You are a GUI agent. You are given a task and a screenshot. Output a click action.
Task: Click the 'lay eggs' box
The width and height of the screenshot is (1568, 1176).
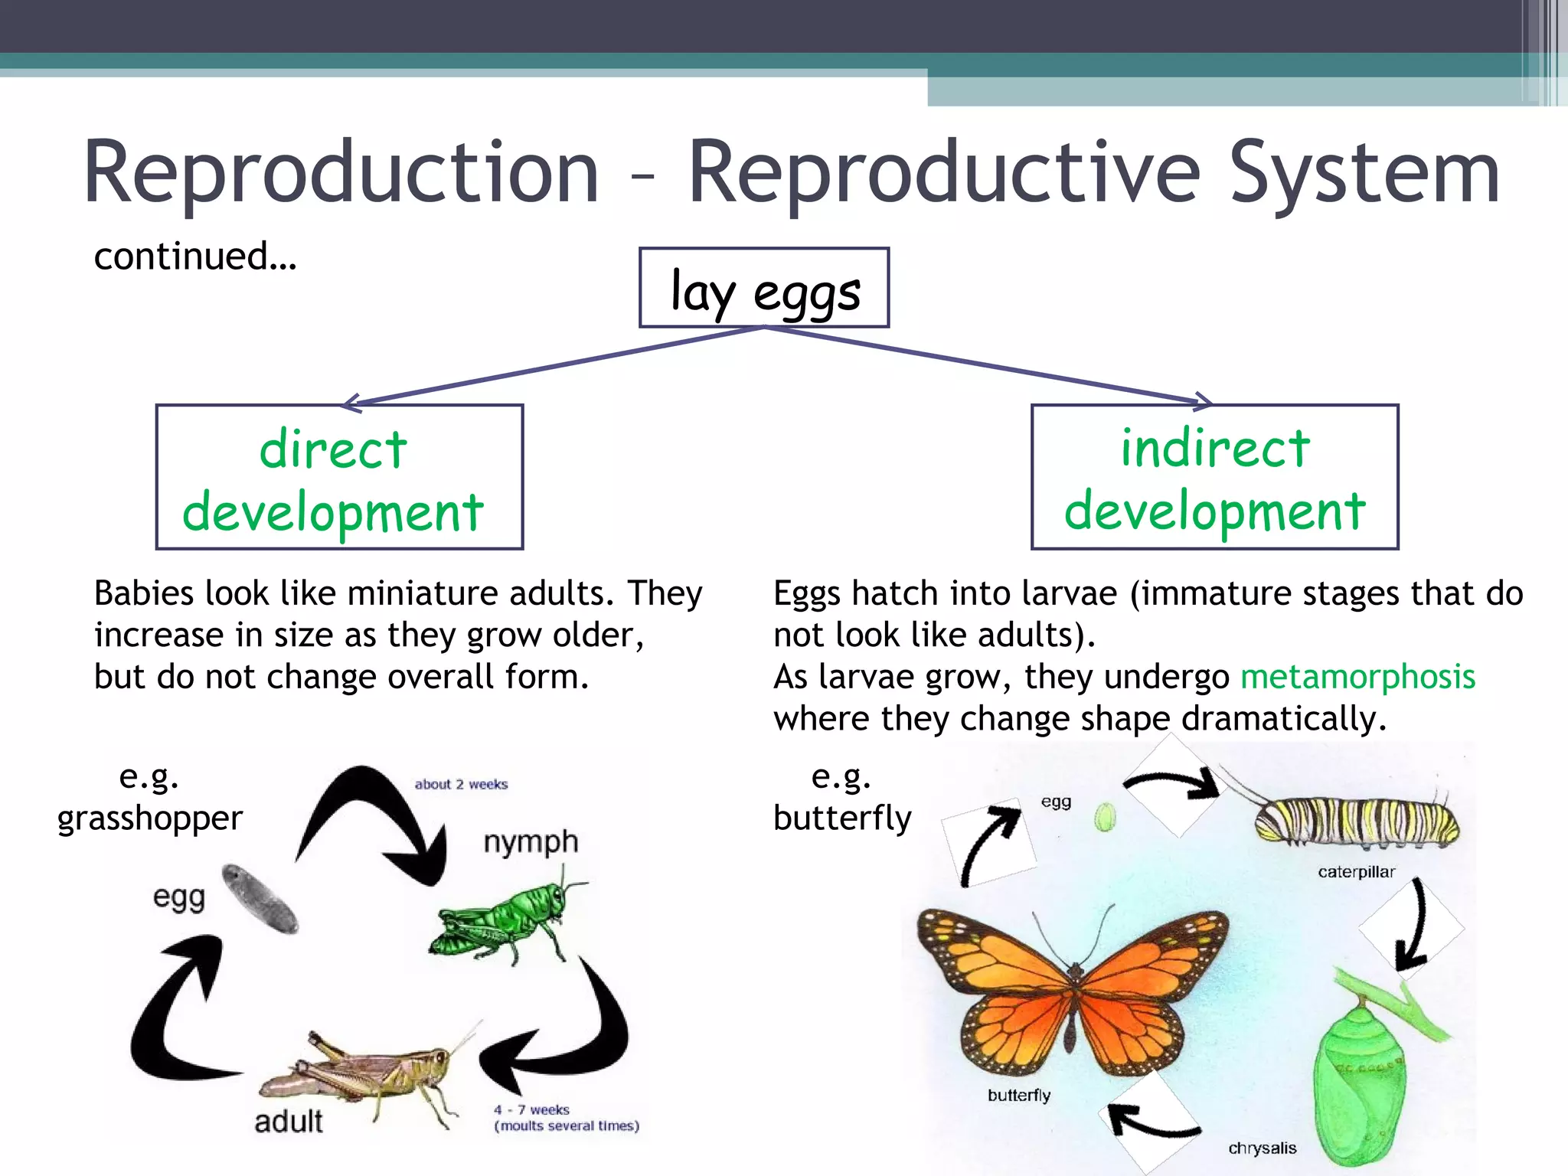tap(764, 289)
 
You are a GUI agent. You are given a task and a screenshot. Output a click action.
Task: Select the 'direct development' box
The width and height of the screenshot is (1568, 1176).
tap(339, 477)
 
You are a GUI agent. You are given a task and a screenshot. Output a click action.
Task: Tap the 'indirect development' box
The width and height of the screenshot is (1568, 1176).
tap(1214, 477)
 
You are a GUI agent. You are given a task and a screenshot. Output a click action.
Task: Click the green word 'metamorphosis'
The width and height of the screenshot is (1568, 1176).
tap(1357, 677)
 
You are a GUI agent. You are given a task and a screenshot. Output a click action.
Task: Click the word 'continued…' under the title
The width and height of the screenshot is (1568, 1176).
tap(194, 256)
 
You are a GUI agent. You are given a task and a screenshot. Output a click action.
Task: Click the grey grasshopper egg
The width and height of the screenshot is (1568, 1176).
tap(260, 899)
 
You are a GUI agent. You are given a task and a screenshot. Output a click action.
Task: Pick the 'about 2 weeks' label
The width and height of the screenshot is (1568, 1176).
tap(461, 784)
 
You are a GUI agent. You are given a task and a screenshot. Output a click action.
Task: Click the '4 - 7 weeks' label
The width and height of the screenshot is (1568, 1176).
tap(532, 1109)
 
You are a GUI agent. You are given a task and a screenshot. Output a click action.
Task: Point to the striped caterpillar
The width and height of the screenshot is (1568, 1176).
tap(1355, 822)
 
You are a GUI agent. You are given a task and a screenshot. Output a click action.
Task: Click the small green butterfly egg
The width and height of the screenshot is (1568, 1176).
tap(1104, 817)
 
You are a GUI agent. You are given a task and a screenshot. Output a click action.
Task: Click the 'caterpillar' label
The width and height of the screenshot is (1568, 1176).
tap(1356, 872)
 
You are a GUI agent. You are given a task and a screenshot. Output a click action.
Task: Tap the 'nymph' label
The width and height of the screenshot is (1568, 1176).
tap(531, 841)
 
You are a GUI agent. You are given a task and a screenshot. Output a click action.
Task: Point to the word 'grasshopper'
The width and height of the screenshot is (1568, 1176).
tap(150, 818)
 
